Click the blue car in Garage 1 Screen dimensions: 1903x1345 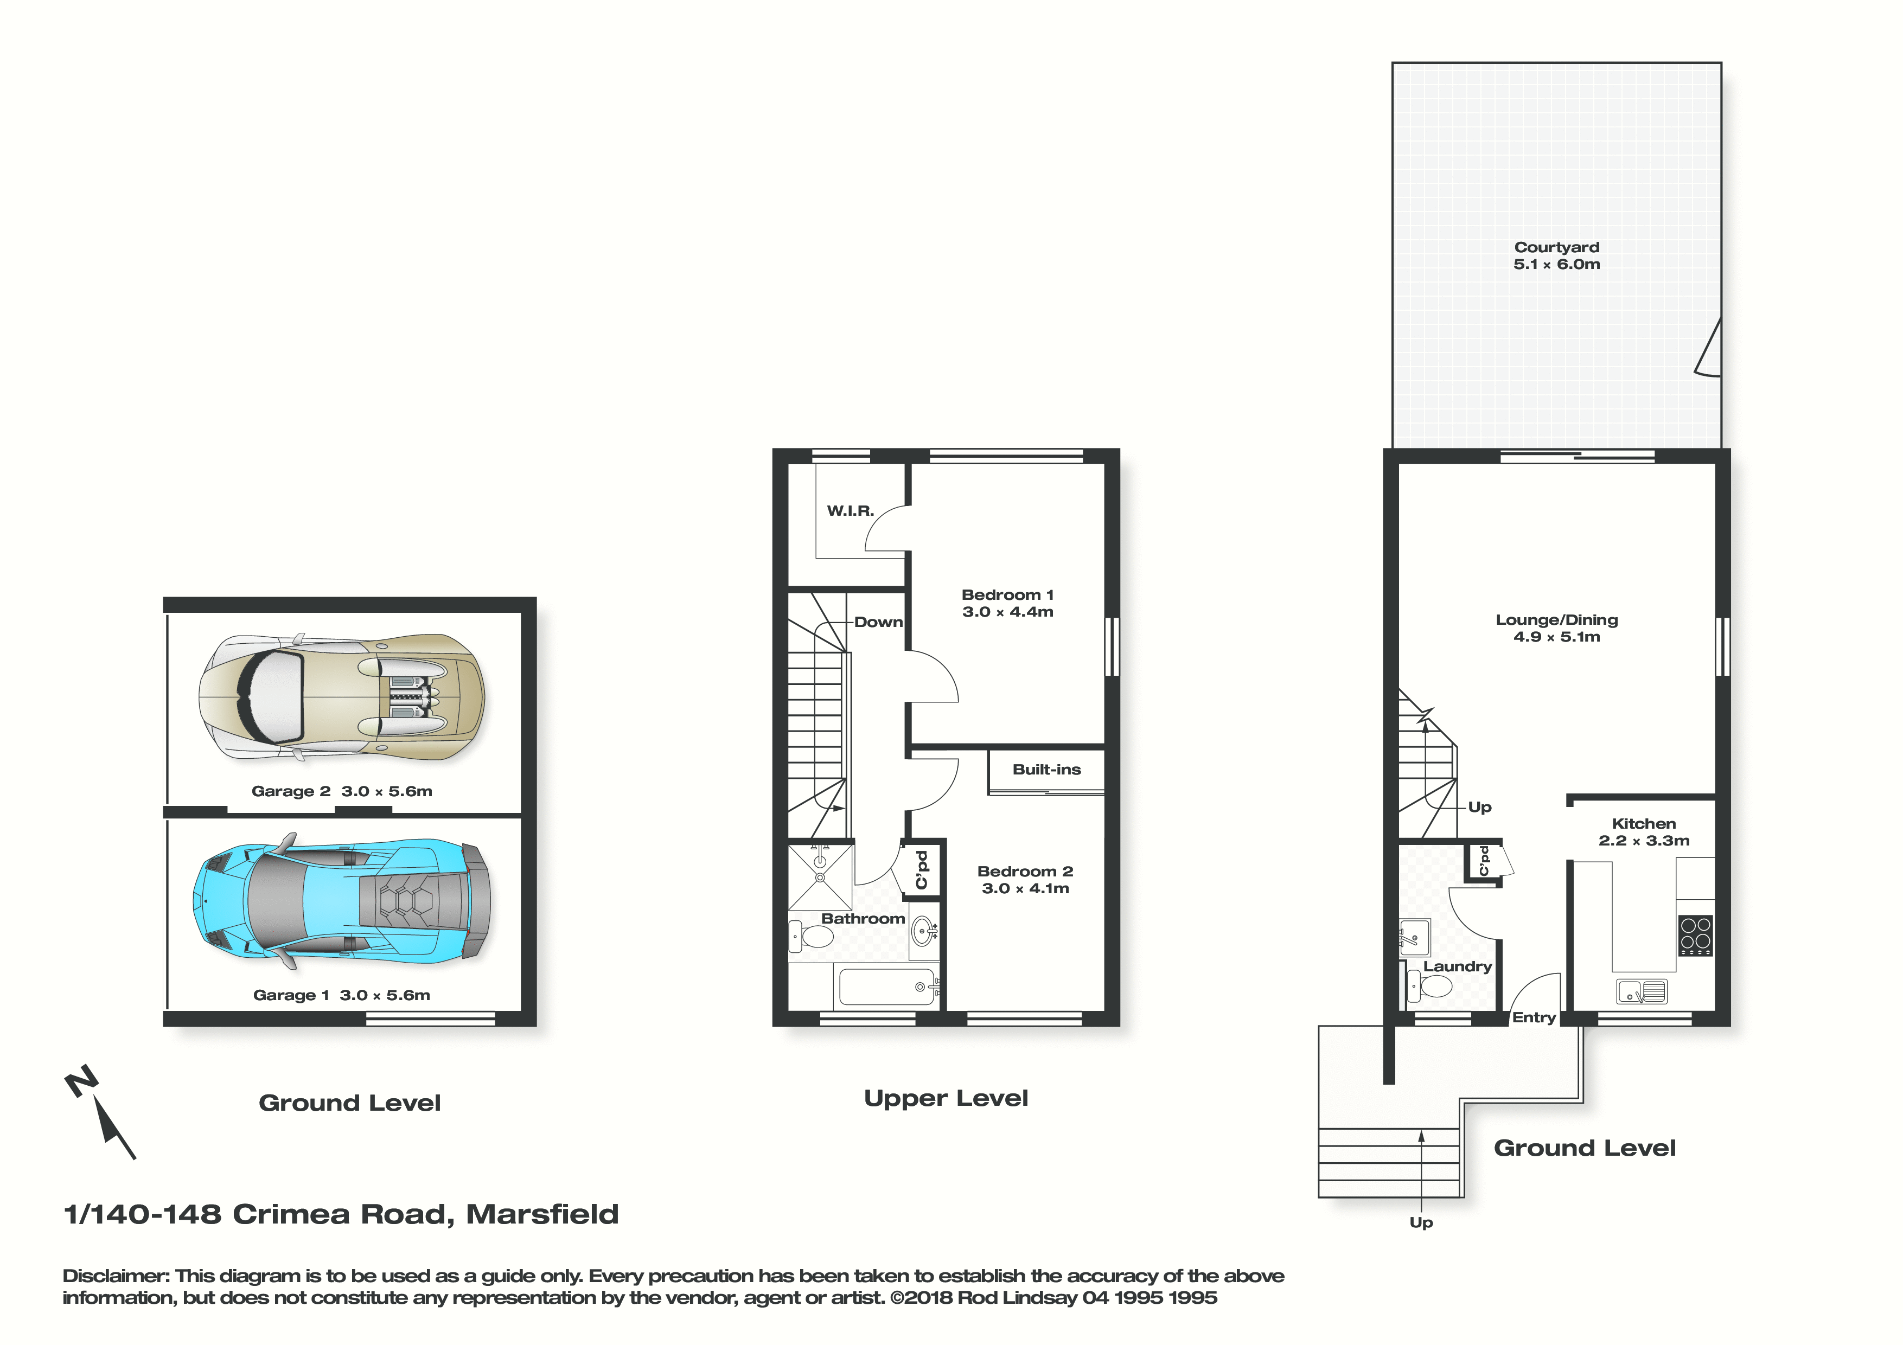pos(341,901)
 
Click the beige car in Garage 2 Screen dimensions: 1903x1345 pos(341,698)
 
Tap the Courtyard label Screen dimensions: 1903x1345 pos(1556,247)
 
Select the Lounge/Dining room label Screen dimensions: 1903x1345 pos(1556,620)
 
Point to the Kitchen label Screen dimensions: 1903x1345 pos(1644,824)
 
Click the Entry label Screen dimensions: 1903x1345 pos(1534,1017)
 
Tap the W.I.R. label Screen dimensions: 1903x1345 pos(851,510)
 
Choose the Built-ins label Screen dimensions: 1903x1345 pos(1047,770)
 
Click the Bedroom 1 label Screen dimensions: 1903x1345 pos(1008,595)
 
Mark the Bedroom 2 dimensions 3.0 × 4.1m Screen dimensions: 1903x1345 pos(1025,888)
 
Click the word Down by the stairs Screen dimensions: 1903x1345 pos(879,623)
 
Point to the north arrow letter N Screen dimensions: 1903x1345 pos(81,1081)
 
